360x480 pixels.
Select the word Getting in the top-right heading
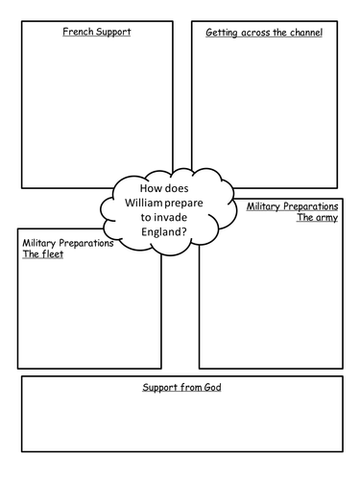pos(222,33)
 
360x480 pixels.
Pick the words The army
pos(318,218)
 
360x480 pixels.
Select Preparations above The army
pos(310,206)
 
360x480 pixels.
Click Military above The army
pos(263,206)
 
